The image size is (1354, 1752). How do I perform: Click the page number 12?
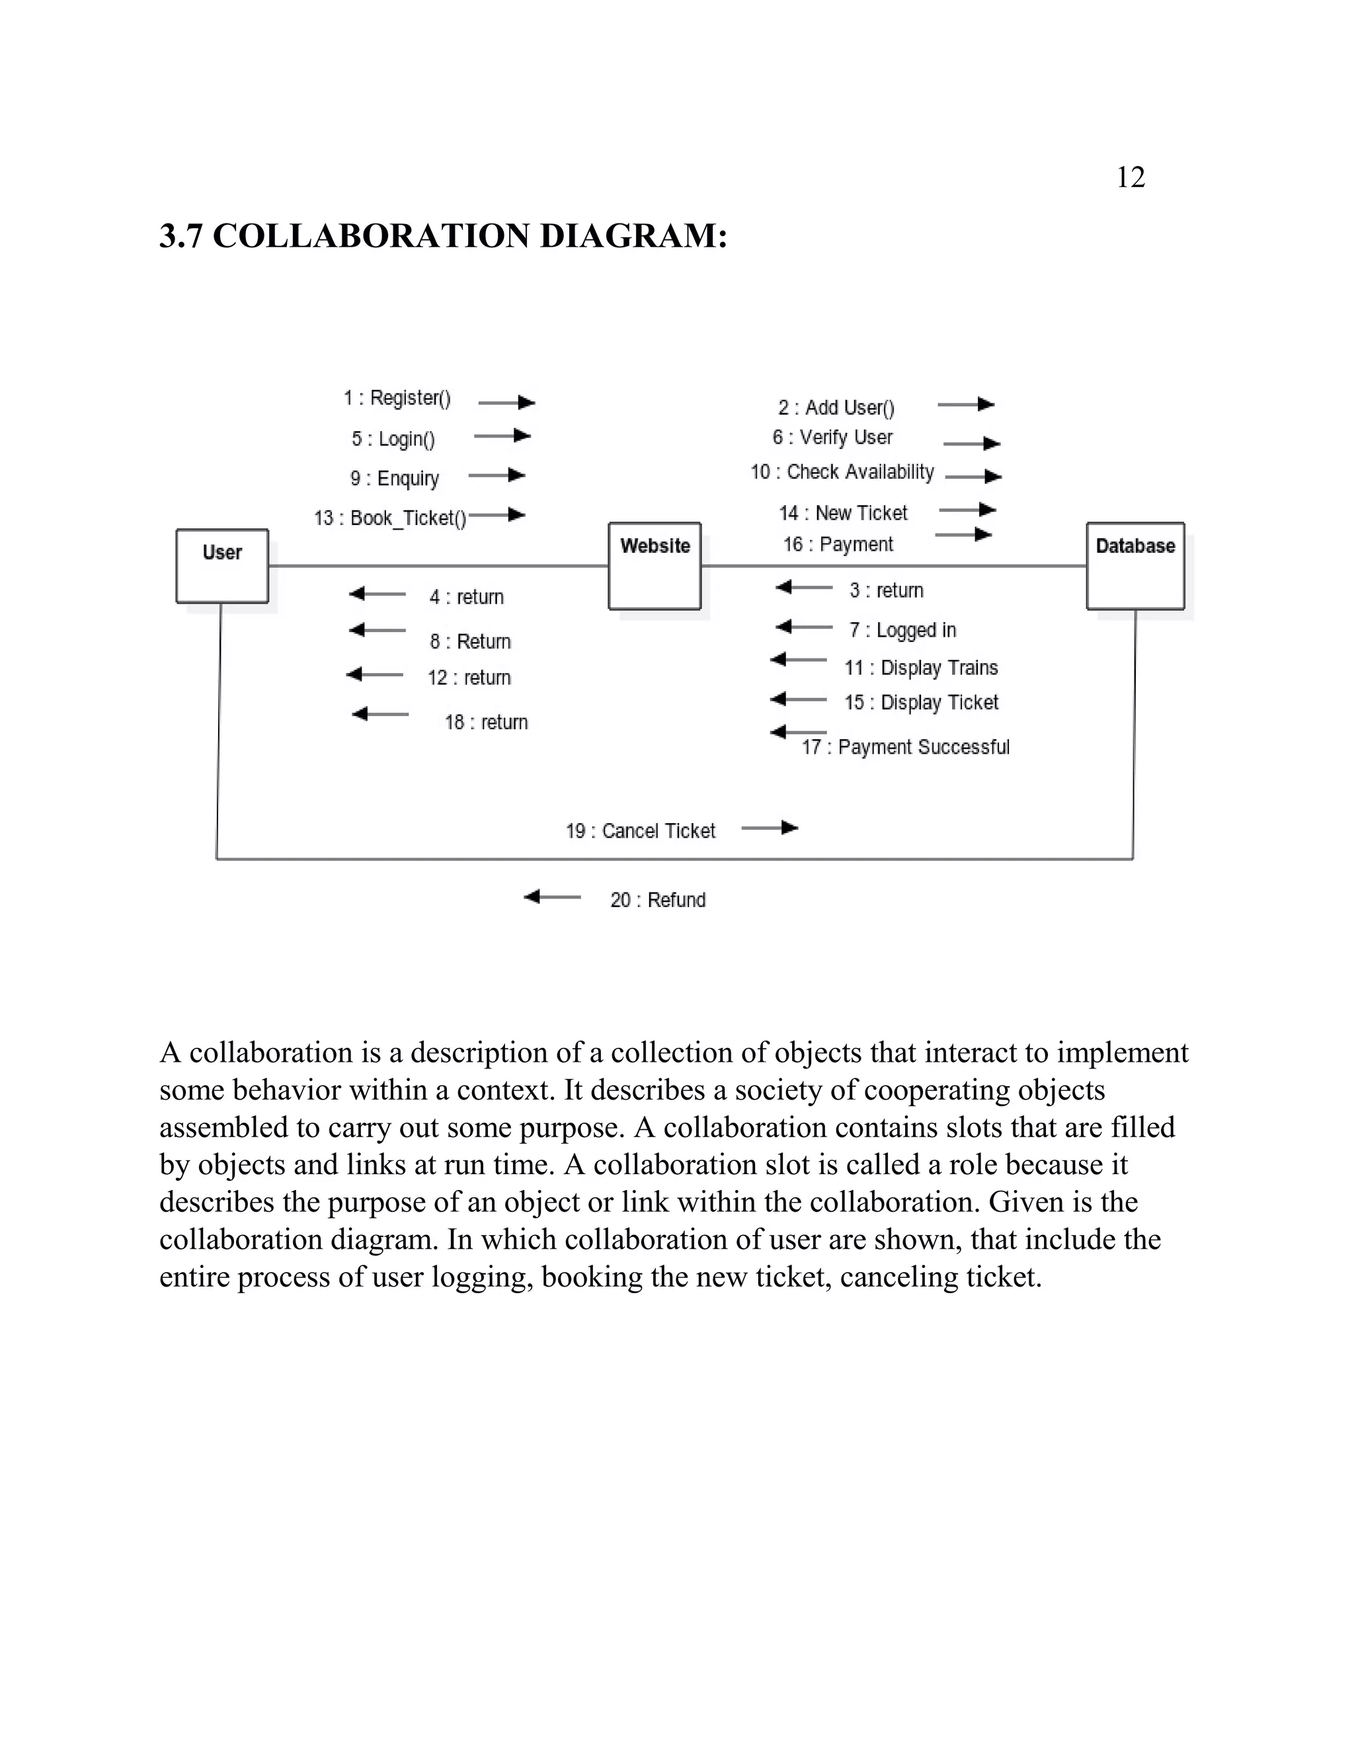click(1130, 177)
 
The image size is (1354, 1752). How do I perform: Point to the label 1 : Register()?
click(397, 398)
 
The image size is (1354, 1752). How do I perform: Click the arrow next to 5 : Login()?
click(503, 436)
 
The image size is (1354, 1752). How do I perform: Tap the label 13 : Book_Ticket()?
click(390, 518)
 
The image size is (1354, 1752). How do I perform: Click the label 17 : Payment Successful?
click(906, 747)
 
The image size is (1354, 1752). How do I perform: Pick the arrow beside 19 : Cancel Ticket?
click(770, 827)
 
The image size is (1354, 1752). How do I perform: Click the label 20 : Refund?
click(658, 900)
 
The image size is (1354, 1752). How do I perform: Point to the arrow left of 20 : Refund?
click(552, 897)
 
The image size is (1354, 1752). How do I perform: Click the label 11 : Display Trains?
click(921, 668)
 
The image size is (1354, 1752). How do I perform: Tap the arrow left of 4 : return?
click(378, 594)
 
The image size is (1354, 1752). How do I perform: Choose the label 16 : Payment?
click(838, 545)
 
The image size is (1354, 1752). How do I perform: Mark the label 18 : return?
click(486, 722)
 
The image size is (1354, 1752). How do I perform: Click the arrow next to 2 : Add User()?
click(967, 405)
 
